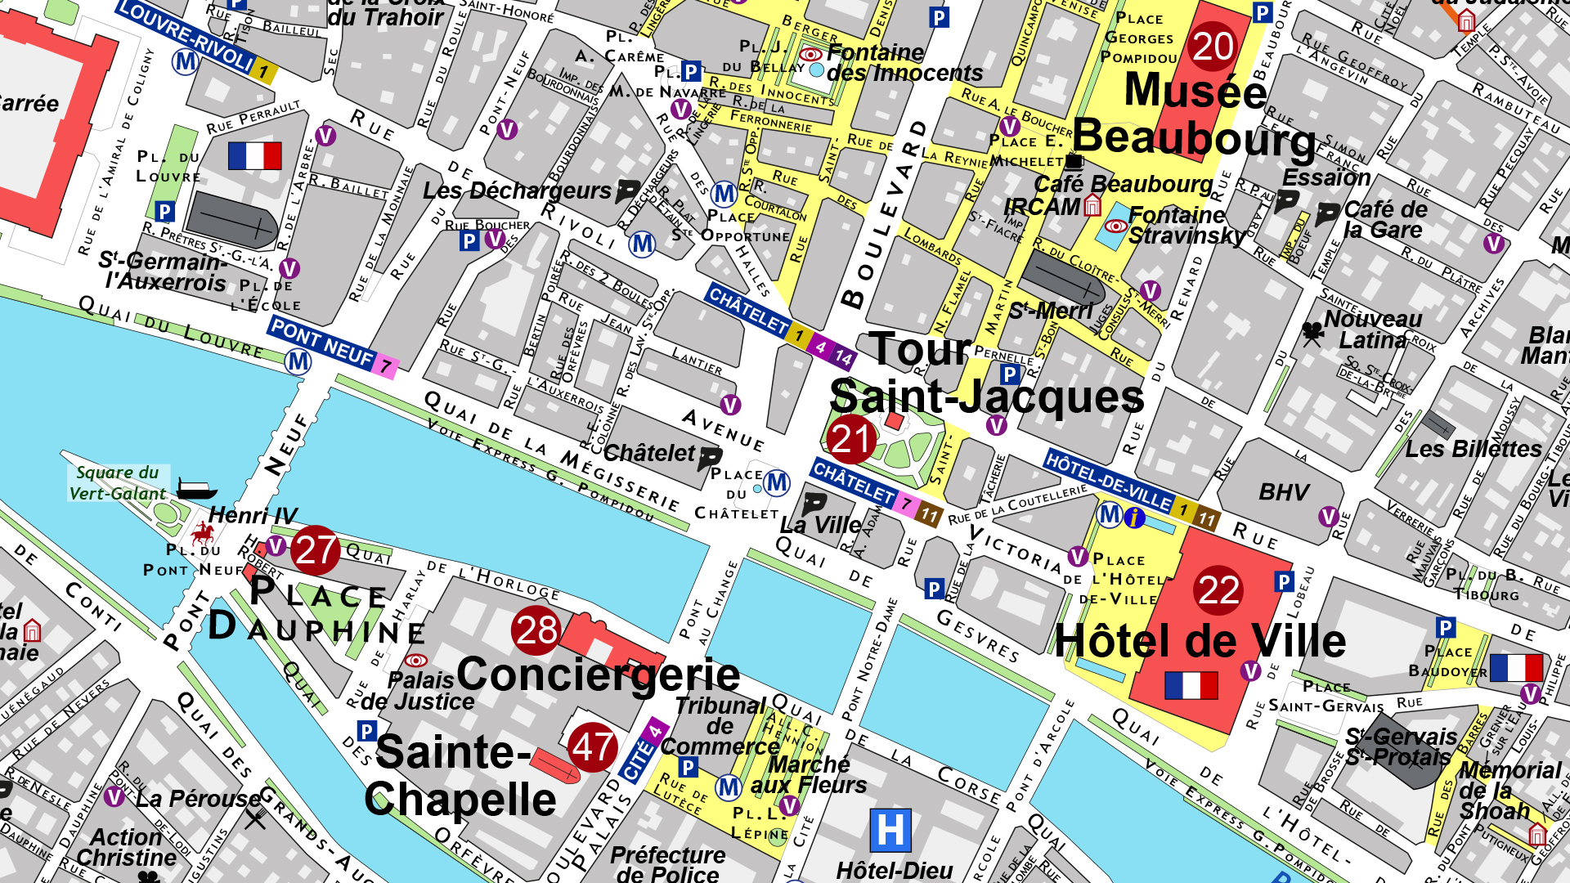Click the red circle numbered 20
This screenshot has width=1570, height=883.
[1213, 47]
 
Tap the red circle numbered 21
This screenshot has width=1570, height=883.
[850, 439]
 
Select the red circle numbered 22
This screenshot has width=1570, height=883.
[1218, 589]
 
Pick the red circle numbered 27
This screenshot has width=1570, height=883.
[316, 550]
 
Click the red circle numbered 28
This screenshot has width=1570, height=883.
[536, 630]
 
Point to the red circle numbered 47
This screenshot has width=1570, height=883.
[593, 746]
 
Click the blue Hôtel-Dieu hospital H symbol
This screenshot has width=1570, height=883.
[890, 831]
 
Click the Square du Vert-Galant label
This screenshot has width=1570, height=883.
[118, 483]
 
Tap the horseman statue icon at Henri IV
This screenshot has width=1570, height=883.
[203, 534]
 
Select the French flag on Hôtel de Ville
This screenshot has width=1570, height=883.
[1191, 685]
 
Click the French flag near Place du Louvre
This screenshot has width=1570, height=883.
[254, 155]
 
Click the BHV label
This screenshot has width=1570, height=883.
[1283, 492]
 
